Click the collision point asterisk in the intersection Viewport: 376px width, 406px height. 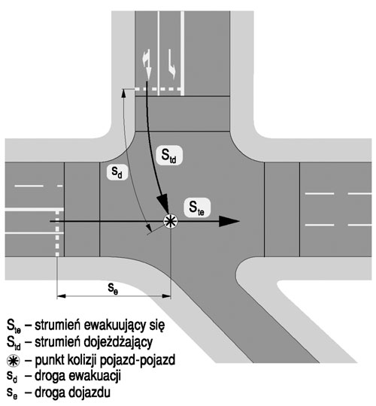pos(171,221)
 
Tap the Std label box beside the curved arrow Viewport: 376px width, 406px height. pos(169,156)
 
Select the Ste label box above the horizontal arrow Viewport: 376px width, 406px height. pos(197,208)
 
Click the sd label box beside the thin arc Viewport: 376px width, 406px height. pos(117,172)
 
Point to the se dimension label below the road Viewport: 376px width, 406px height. pos(114,288)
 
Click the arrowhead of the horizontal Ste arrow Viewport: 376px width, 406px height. pos(229,221)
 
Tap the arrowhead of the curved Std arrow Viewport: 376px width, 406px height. pos(164,205)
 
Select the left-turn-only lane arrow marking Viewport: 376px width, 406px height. pos(171,64)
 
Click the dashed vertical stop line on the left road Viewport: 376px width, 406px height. pos(57,233)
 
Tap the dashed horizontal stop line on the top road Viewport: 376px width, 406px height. pos(159,89)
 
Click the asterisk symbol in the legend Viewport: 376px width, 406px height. pos(14,361)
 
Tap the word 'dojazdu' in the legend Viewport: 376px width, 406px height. pos(89,392)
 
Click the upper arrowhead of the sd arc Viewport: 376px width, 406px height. pos(123,93)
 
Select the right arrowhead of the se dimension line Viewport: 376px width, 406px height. pos(166,296)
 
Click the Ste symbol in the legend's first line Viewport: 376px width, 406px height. pos(14,326)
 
